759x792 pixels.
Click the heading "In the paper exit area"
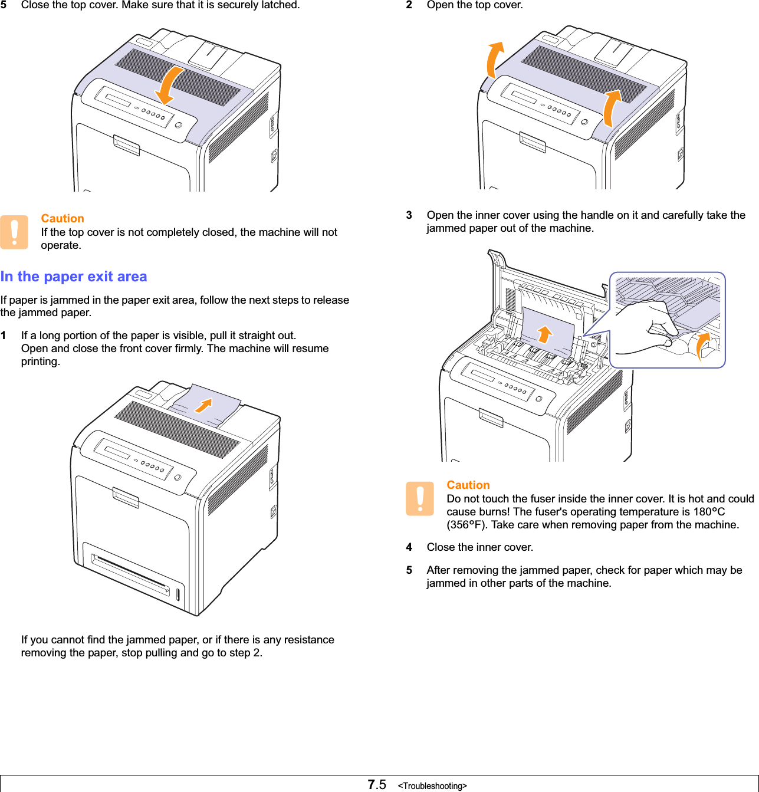[x=74, y=277]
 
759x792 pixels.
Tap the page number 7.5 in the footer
[x=376, y=784]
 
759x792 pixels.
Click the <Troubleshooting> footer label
[x=432, y=786]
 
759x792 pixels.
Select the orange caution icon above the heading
[x=14, y=232]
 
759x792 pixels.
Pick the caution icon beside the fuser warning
[x=419, y=498]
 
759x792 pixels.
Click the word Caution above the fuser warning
[x=468, y=485]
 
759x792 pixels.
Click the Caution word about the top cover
[x=63, y=218]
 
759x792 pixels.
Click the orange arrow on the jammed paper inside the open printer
[x=545, y=334]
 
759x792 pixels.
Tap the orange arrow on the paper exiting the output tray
[x=203, y=405]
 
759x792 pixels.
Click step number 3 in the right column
[x=409, y=215]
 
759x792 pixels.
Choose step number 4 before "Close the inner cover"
[x=409, y=547]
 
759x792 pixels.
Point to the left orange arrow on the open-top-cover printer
[x=494, y=59]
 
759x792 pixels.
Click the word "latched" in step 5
[x=278, y=5]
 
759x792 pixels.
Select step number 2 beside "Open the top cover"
[x=409, y=5]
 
